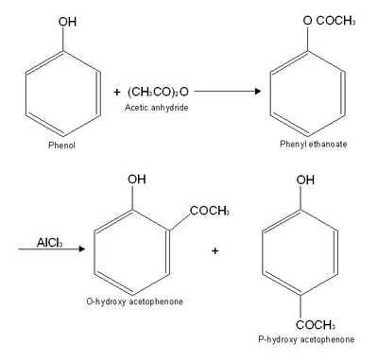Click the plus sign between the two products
[x=215, y=250]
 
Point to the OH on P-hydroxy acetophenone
[x=305, y=180]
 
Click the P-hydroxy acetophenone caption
[x=305, y=338]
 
